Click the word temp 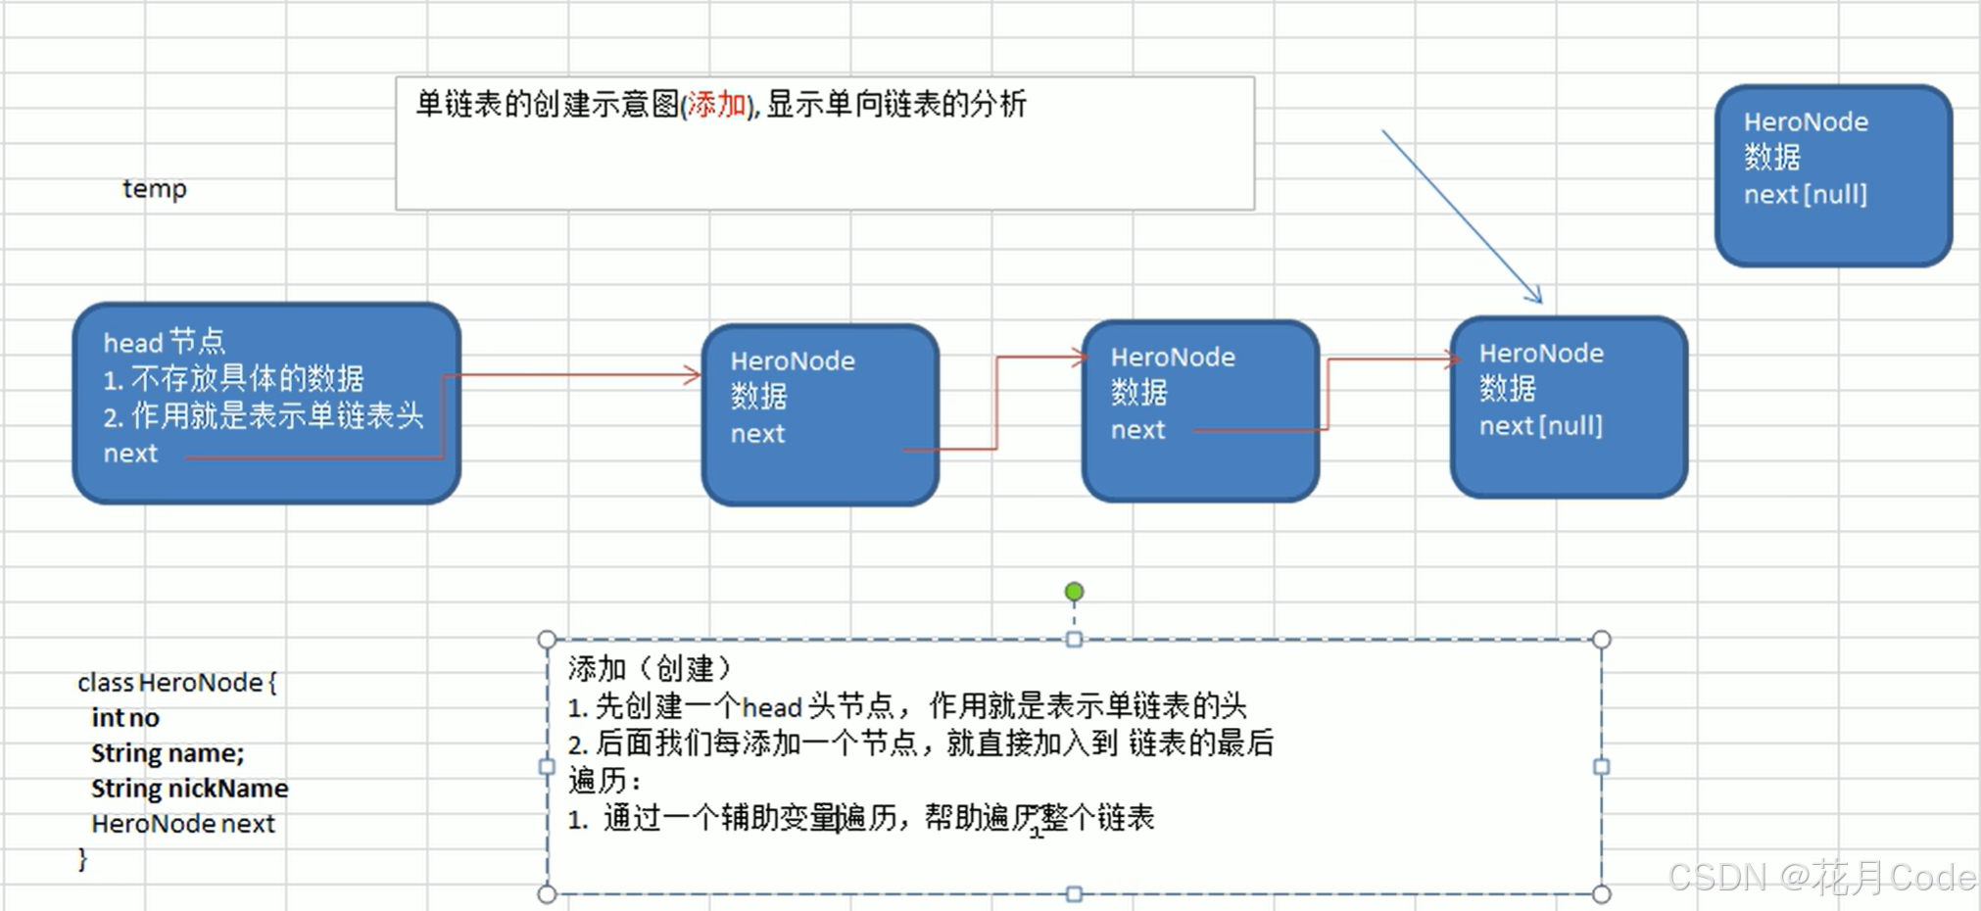[155, 188]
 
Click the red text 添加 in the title [716, 104]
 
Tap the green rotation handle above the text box [1074, 592]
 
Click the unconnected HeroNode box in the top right [1833, 174]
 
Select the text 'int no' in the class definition [125, 718]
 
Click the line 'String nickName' [189, 789]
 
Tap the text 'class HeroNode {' [177, 683]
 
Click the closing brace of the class [83, 859]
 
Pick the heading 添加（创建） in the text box [650, 669]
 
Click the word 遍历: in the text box [604, 781]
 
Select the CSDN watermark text [1821, 877]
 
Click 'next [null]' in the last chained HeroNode [1540, 426]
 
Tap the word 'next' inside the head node [130, 454]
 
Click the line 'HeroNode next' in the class [183, 824]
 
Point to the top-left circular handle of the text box [548, 640]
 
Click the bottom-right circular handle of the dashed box [1601, 893]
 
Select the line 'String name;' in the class [168, 753]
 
